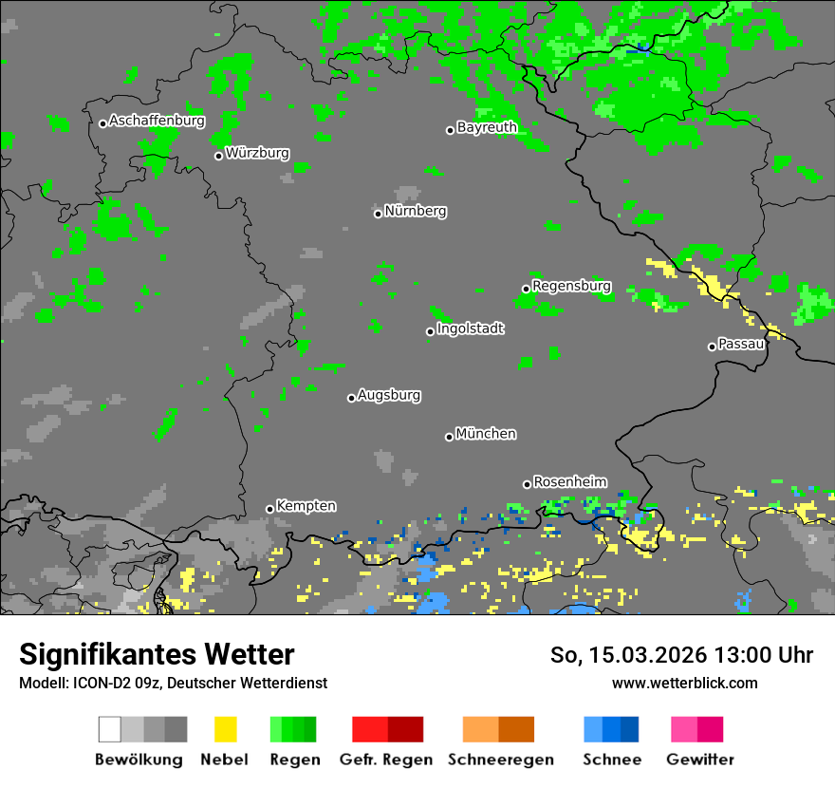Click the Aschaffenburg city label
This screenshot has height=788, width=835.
tap(157, 122)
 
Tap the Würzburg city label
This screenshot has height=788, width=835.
tap(257, 153)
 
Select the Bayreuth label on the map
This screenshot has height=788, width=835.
tap(487, 127)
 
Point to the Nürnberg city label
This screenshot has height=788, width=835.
tap(416, 211)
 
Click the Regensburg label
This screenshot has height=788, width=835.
tap(571, 286)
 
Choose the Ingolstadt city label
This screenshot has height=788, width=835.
tap(470, 329)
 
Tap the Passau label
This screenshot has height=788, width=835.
tap(741, 344)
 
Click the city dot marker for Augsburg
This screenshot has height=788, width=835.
tap(351, 398)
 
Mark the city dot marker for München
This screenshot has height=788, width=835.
tap(449, 437)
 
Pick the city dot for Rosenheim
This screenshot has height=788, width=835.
tap(527, 484)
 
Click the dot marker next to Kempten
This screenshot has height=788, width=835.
tap(269, 509)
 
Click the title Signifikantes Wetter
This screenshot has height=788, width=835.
tap(157, 655)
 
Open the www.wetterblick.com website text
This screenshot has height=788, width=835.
tap(684, 683)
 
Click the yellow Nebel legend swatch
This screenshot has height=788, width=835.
tap(225, 729)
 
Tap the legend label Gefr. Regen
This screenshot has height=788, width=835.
tap(393, 760)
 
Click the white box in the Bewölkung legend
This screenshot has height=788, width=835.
tap(110, 729)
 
